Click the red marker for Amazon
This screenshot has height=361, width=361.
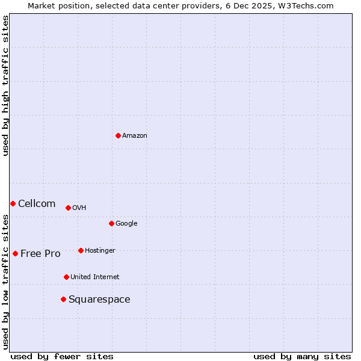(118, 135)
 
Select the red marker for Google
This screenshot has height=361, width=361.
(111, 223)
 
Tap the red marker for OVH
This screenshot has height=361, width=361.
(68, 208)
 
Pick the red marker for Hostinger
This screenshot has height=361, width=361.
(81, 250)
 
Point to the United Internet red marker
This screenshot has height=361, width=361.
(66, 277)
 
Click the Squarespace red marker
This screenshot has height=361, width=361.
(63, 299)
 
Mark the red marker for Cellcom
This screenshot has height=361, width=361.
(13, 203)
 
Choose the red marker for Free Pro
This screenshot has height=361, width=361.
(15, 253)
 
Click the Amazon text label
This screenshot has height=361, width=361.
(134, 136)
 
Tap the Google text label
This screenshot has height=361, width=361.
(126, 224)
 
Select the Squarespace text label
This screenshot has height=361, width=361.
(99, 300)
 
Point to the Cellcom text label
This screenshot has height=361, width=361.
(37, 204)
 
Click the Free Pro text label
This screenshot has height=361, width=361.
(40, 254)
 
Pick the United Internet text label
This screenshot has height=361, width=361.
(94, 277)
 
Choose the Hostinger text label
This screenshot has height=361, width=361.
(100, 251)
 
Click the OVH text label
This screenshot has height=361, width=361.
(79, 208)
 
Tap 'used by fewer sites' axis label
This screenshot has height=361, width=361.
(62, 356)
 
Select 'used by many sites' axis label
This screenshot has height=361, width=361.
(302, 356)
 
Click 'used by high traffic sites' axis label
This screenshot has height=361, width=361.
(5, 85)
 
